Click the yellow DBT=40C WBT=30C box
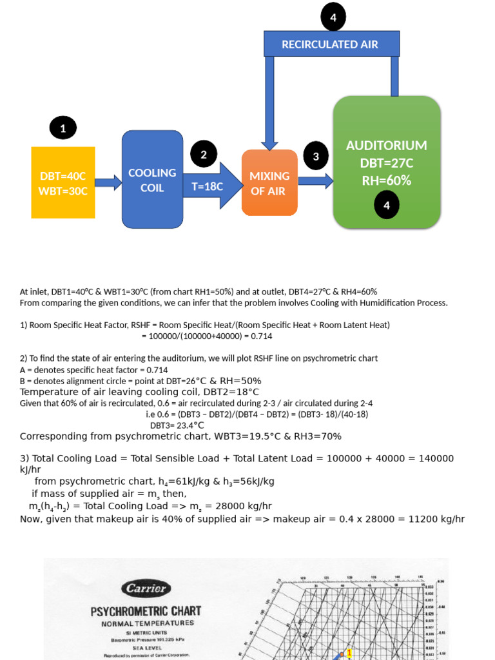coord(63,182)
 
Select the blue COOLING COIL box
coord(152,179)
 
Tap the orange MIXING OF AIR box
coord(269,182)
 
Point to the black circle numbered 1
coord(63,129)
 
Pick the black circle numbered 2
coord(204,155)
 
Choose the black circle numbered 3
coord(316,156)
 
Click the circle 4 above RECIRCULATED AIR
coord(333,17)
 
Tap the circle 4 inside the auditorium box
coord(387,205)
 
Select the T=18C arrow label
coord(208,187)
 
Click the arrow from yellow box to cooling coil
coord(108,182)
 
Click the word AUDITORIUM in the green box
coord(386,146)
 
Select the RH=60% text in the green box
coord(386,180)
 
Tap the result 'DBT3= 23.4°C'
coord(177,425)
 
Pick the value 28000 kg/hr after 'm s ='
coord(240,506)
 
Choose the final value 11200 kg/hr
coord(432,519)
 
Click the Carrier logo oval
coord(146,588)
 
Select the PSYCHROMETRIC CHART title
coord(146,610)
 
